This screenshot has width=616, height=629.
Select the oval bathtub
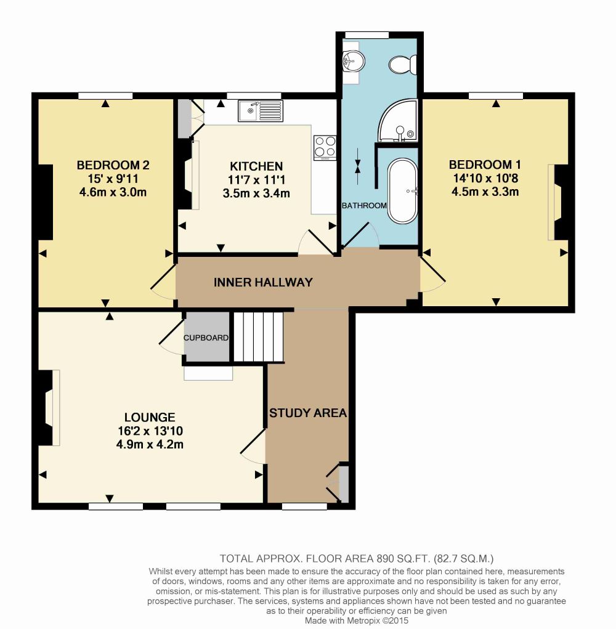coord(403,192)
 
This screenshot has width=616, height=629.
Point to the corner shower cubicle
coord(397,120)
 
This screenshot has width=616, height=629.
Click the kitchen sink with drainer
coord(261,111)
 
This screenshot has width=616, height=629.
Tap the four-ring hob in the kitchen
coord(325,148)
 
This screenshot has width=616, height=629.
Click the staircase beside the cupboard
coord(259,337)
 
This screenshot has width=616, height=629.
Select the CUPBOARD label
coord(206,338)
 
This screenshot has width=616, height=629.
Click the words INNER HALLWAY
coord(263,282)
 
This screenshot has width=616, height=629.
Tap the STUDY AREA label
coord(308,413)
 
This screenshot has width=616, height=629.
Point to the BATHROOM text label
coord(364,206)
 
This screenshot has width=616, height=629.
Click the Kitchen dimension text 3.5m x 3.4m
coord(256,193)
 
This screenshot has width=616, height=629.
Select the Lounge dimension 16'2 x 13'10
coord(150,431)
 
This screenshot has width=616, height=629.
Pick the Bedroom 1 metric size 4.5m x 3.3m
coord(485,192)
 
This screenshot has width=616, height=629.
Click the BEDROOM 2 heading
coord(113,165)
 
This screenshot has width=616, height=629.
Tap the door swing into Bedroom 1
coord(432,275)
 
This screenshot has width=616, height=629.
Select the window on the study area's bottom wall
coord(304,506)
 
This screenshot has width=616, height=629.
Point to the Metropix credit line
coord(357,620)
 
